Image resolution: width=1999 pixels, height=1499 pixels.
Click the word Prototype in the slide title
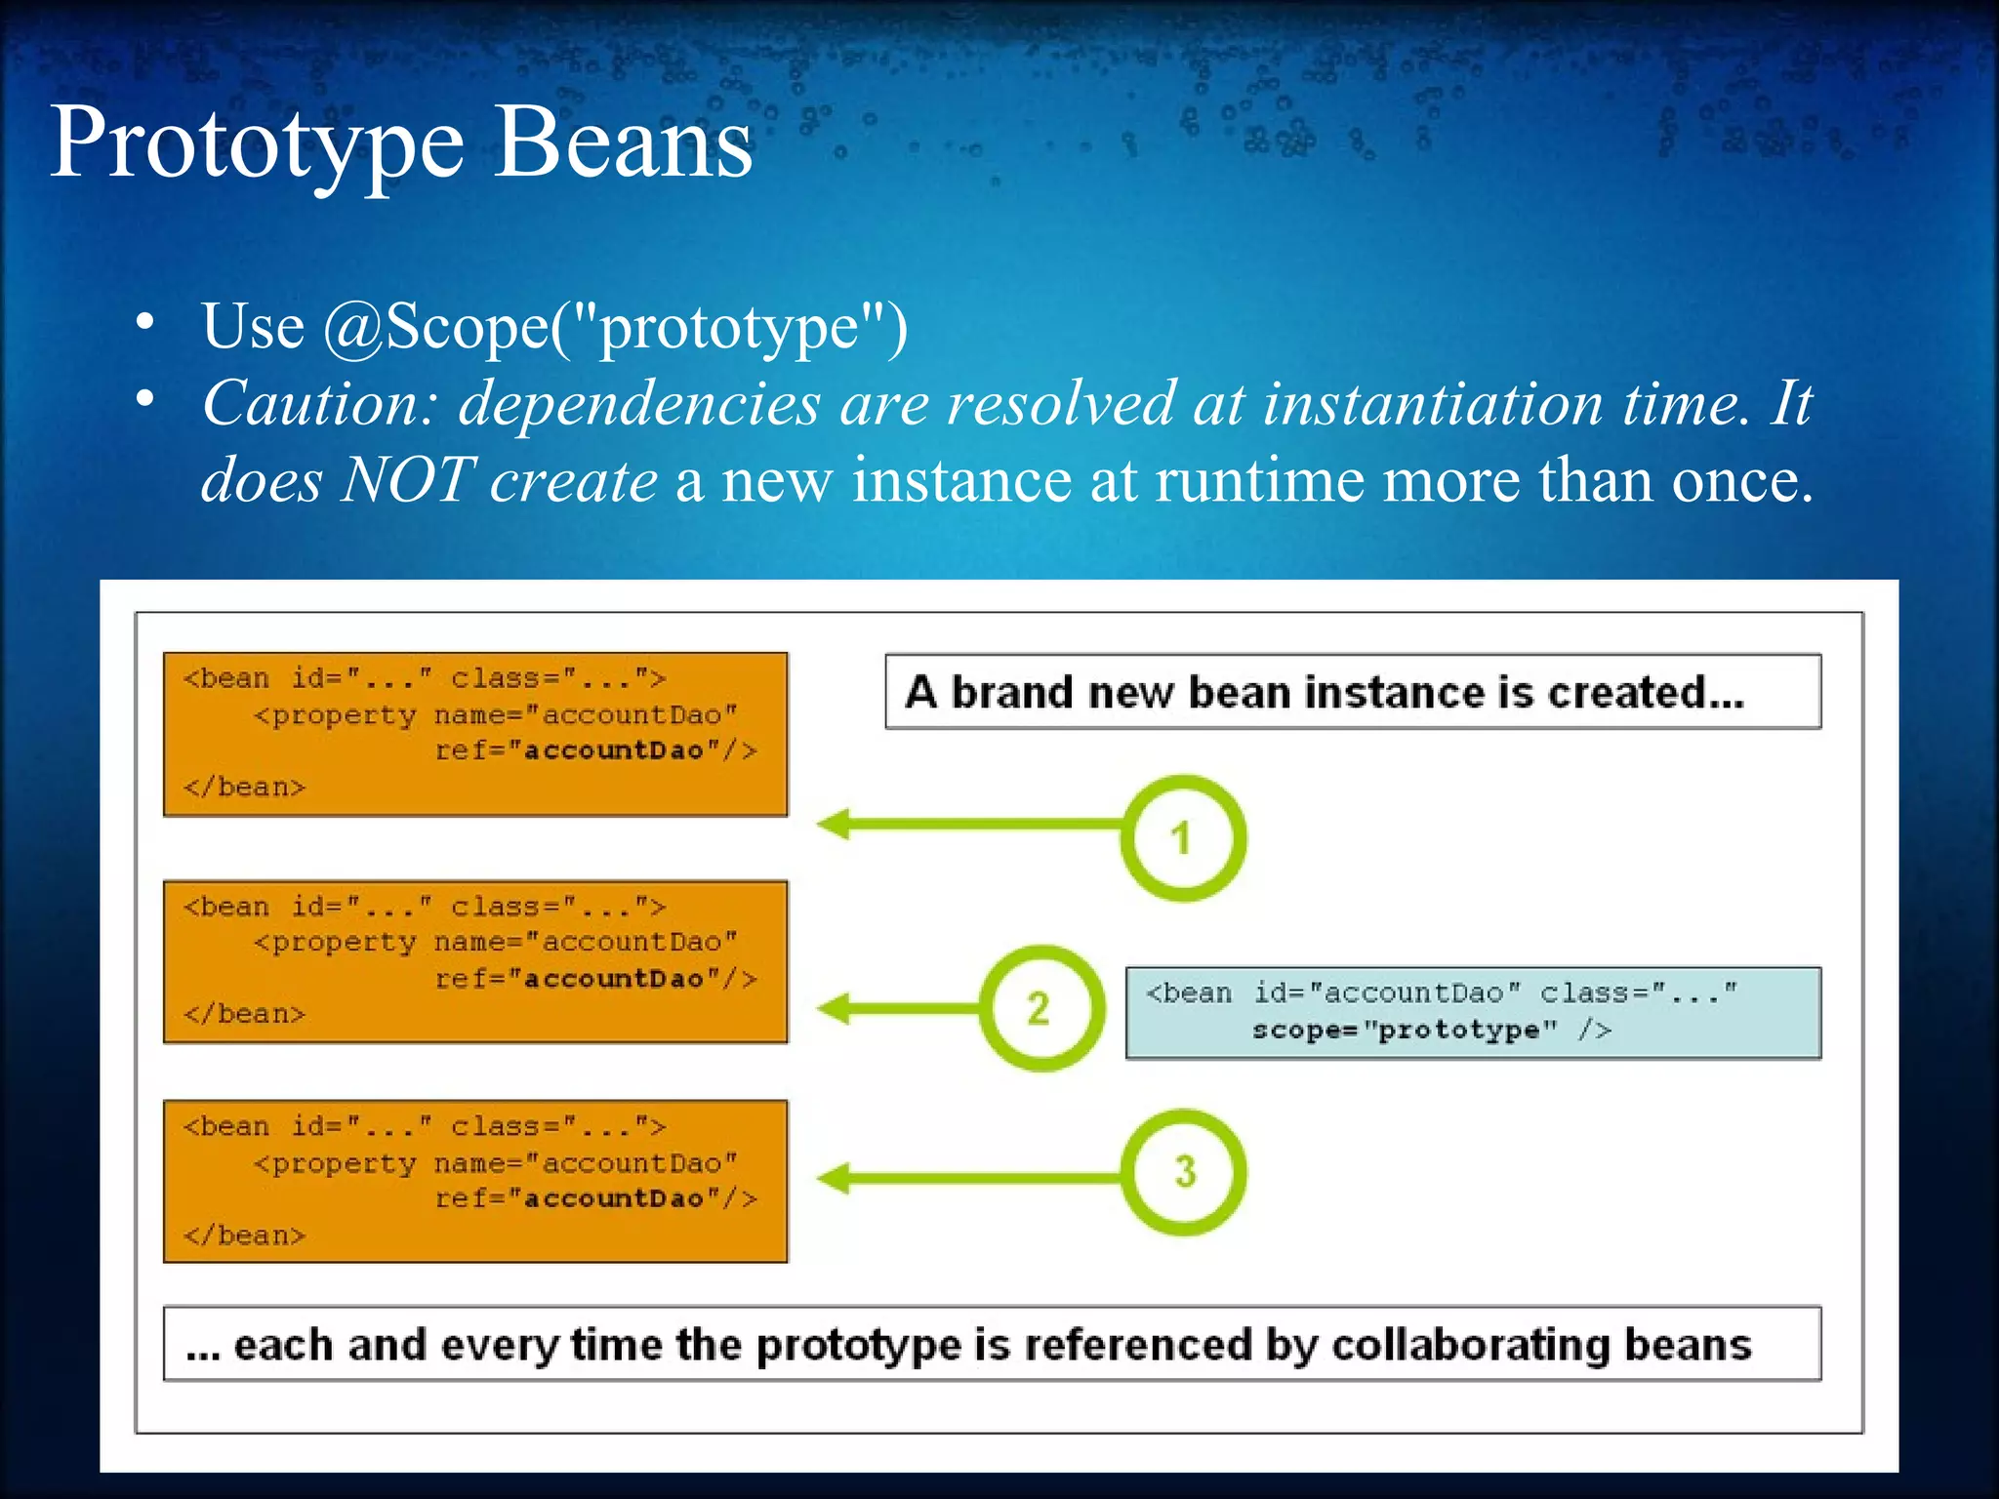[257, 144]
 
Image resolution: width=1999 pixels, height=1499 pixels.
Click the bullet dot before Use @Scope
[145, 323]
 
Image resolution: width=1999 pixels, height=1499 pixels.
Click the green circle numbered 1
[1182, 837]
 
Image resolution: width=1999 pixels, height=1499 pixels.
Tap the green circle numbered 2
[1040, 1007]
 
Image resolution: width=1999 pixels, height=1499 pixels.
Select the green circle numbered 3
[1183, 1171]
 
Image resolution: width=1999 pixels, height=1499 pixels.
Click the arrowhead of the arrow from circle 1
[833, 825]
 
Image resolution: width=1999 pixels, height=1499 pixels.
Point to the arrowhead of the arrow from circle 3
[833, 1178]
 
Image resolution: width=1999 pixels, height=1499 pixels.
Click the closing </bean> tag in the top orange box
[244, 787]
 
